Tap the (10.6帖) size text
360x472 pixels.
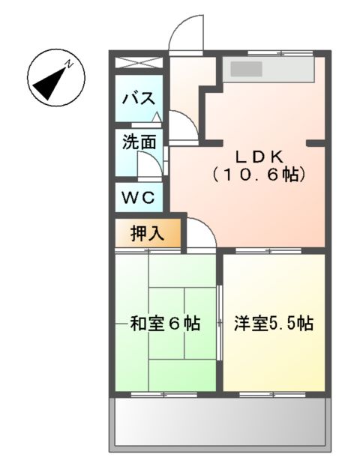(x=259, y=175)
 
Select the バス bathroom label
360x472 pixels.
(x=139, y=97)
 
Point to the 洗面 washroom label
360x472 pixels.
(x=139, y=142)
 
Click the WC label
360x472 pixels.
(x=139, y=198)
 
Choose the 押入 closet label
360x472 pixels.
(x=146, y=233)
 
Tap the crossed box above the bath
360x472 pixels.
(x=139, y=63)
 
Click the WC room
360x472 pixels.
(x=139, y=198)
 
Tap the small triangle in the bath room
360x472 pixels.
(x=156, y=116)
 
